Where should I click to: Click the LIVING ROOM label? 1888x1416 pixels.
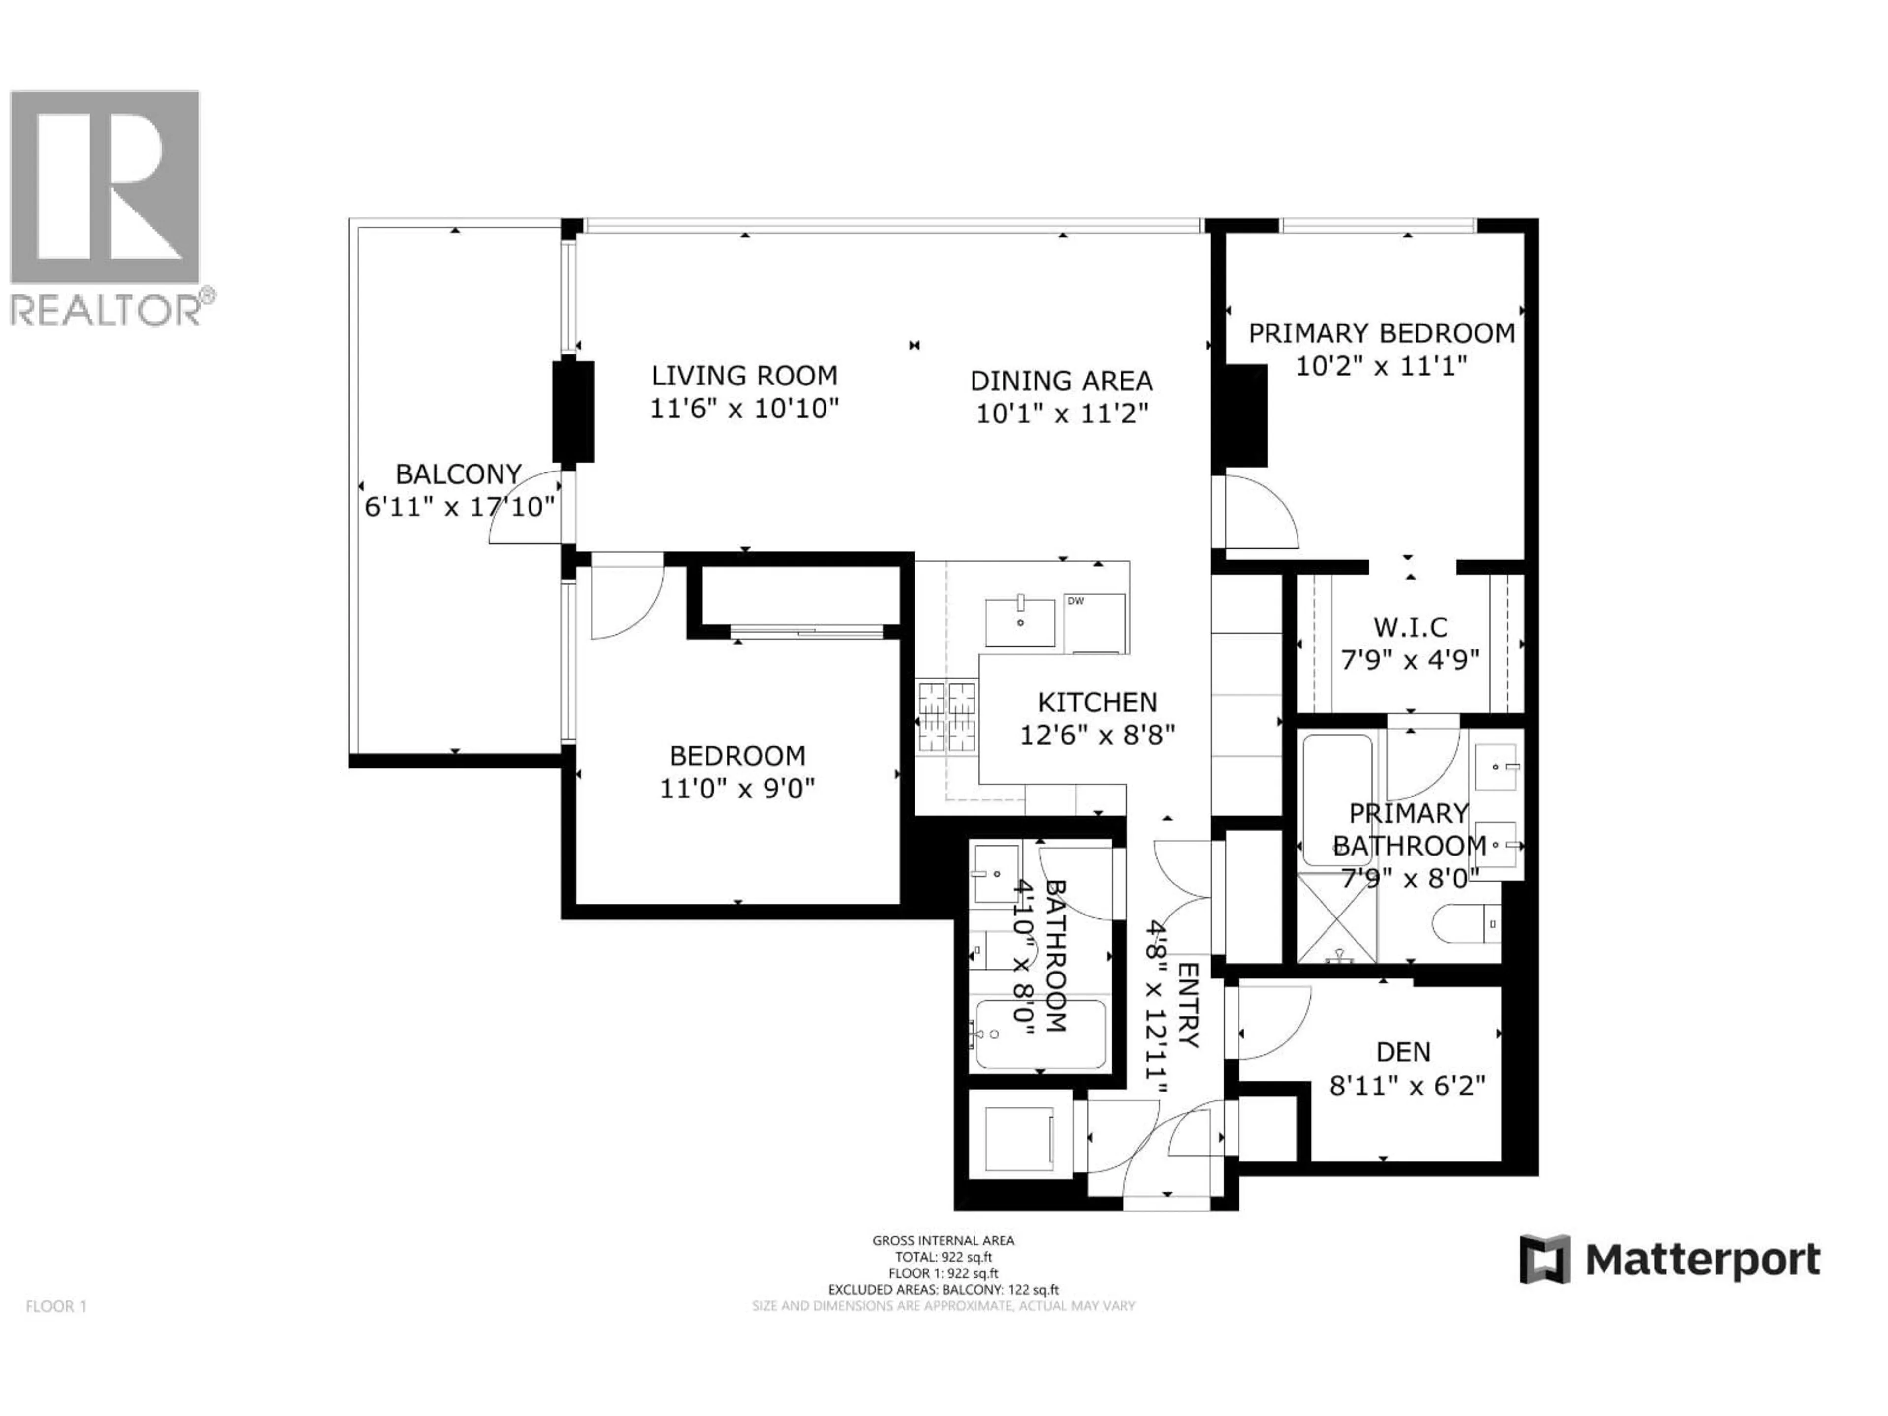(744, 376)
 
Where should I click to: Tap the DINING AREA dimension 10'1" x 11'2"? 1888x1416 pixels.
(1062, 414)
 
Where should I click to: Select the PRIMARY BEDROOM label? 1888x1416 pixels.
(1381, 333)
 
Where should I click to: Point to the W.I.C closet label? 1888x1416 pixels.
(1410, 627)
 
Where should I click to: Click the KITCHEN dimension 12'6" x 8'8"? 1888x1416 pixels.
(1097, 735)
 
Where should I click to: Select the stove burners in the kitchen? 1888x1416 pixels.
(946, 717)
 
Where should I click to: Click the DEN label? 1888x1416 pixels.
(1403, 1052)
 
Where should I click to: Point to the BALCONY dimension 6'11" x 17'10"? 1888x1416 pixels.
(459, 507)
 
